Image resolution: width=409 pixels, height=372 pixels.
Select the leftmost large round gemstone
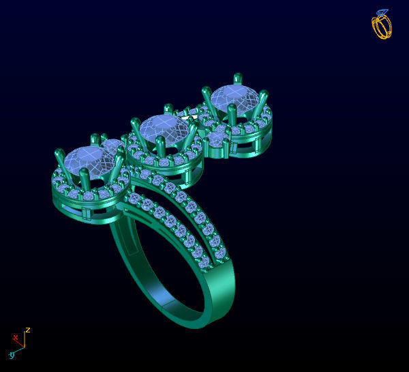(x=89, y=161)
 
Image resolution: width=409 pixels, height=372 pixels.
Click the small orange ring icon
(x=382, y=25)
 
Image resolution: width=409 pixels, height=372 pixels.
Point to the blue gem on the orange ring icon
(x=382, y=13)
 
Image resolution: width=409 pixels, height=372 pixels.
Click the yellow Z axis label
(x=28, y=330)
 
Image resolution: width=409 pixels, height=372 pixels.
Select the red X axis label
(x=15, y=337)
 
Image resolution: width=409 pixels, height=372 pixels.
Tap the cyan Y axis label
(x=12, y=356)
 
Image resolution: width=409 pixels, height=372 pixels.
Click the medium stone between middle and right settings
(x=217, y=139)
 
